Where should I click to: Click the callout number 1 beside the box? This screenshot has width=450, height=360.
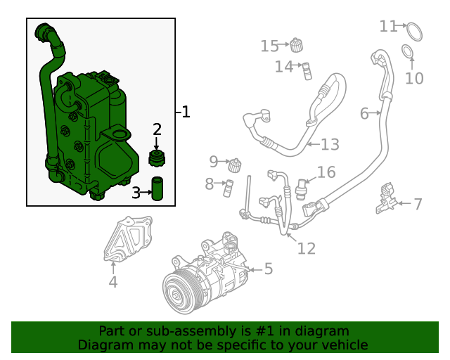(x=185, y=112)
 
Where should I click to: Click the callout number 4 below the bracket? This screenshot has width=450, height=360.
(x=113, y=283)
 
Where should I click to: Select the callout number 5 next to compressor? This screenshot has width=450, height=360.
(x=268, y=269)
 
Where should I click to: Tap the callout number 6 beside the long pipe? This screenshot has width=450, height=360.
(x=364, y=113)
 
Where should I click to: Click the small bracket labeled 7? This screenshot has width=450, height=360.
(x=385, y=199)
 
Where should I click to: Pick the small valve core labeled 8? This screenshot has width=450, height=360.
(x=228, y=186)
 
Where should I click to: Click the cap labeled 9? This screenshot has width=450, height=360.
(x=236, y=165)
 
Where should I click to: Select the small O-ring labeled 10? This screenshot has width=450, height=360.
(x=407, y=51)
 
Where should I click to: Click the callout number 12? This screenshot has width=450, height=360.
(x=307, y=248)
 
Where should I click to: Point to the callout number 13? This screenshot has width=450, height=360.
(x=330, y=145)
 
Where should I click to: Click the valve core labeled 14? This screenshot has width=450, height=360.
(x=307, y=70)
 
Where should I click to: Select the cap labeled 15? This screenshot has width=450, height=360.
(x=297, y=46)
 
